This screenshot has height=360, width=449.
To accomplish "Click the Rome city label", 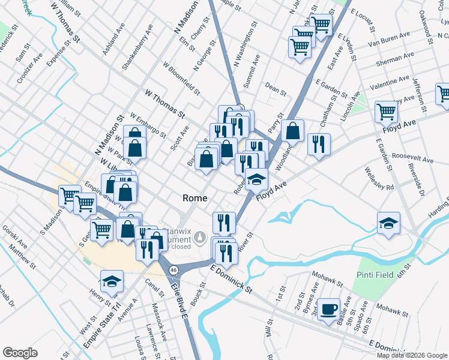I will [195, 198].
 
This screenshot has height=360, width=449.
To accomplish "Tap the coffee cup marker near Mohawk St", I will [328, 310].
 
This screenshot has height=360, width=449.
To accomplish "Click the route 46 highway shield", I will [173, 271].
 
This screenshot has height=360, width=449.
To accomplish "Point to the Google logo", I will [20, 352].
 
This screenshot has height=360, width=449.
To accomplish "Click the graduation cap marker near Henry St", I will [112, 281].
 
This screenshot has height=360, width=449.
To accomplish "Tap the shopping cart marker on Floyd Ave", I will [387, 112].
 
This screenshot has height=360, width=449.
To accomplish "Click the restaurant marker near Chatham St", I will [318, 144].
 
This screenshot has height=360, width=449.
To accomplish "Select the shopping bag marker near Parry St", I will [292, 130].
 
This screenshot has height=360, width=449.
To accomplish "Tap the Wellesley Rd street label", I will [378, 178].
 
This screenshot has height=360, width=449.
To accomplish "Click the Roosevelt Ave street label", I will [412, 157].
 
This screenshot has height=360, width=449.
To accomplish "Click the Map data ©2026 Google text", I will [412, 355].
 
